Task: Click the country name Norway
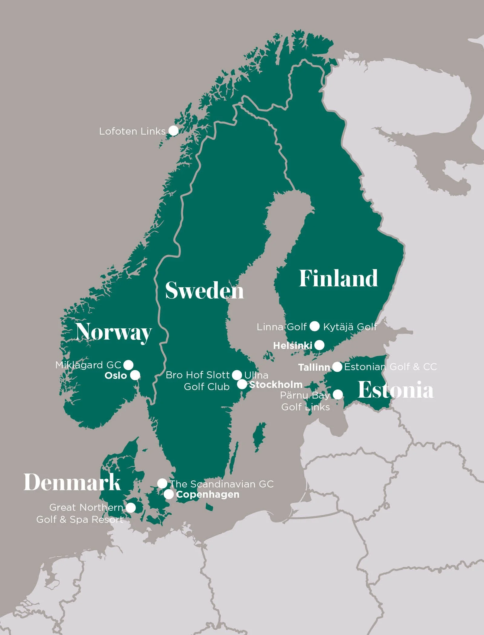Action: pos(114,332)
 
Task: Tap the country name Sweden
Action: pos(204,291)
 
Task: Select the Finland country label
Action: pos(338,278)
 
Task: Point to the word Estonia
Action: pos(395,390)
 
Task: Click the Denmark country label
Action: pos(72,482)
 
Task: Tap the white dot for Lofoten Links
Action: pos(173,131)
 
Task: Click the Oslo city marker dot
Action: pos(135,375)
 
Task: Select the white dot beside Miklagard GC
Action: pos(128,365)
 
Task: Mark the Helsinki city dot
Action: pos(319,345)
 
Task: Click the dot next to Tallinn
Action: pos(337,367)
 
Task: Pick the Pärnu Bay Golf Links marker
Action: pos(338,395)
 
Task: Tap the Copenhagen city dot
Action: pos(169,495)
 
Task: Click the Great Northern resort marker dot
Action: pos(130,508)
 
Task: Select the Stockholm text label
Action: pos(276,385)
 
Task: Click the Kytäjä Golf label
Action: pos(350,327)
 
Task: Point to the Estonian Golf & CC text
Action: pos(390,367)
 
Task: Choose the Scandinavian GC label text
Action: pos(222,484)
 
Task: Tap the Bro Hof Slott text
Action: pos(198,375)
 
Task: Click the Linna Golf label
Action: pos(282,327)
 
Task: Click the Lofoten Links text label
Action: pos(132,131)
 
